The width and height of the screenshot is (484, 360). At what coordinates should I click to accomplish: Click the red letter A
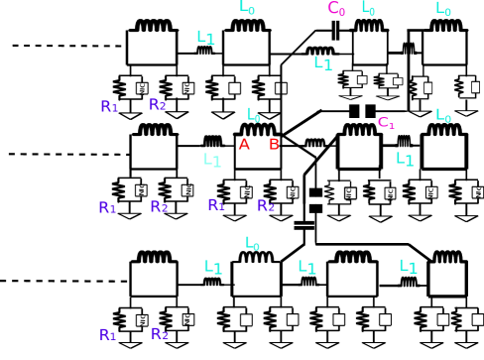pos(244,145)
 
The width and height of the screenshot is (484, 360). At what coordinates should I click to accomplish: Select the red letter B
pos(274,145)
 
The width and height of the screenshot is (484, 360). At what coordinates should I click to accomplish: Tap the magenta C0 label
pos(336,9)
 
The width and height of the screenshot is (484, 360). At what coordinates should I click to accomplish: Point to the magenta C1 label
pos(386,123)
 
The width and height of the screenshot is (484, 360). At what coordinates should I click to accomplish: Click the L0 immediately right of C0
pos(368,9)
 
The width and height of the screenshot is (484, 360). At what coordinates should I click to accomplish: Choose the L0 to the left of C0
pos(247,8)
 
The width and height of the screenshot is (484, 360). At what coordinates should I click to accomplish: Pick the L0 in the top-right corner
pos(443,9)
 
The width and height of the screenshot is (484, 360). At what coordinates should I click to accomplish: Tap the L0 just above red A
pos(253,116)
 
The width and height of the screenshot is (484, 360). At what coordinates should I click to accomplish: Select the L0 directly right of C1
pos(443,116)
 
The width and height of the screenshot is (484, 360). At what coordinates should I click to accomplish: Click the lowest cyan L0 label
pos(252,244)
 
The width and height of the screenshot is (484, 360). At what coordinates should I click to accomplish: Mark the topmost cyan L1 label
pos(205,38)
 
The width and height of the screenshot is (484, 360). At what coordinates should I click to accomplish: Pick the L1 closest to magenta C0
pos(322,63)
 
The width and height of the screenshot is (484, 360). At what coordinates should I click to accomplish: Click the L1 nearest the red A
pos(212,161)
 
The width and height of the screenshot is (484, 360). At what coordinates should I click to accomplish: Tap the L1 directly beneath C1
pos(405,160)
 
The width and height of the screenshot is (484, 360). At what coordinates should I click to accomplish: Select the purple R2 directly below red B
pos(266,206)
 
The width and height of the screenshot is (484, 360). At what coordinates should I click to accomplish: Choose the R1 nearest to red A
pos(216,205)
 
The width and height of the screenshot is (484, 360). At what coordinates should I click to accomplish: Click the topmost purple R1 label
pos(109,107)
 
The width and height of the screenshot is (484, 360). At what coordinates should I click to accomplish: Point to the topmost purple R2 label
pos(158,105)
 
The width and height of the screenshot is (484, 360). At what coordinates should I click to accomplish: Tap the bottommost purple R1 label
pos(108,335)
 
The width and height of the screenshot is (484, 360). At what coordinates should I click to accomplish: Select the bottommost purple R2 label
pos(160,334)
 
